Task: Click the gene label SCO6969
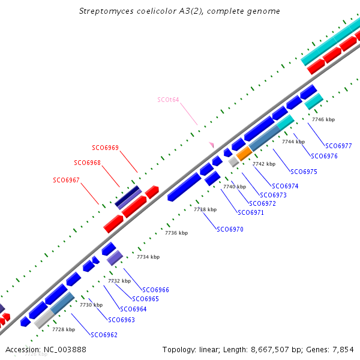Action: coord(105,148)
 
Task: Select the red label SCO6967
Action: coord(66,180)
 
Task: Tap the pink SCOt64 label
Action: coord(168,100)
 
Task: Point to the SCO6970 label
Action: coord(230,229)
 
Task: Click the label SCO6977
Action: coord(338,146)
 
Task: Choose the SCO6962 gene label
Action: coord(104,335)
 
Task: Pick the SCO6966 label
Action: coord(155,290)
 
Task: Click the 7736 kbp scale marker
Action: coord(176,233)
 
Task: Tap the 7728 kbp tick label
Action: coord(64,329)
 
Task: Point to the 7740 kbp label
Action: coord(235,187)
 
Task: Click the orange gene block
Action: coord(244,154)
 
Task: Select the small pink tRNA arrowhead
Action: coord(211,145)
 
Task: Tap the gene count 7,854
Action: coord(343,349)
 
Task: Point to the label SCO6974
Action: coord(285,186)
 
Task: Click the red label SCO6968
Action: coord(87,163)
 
